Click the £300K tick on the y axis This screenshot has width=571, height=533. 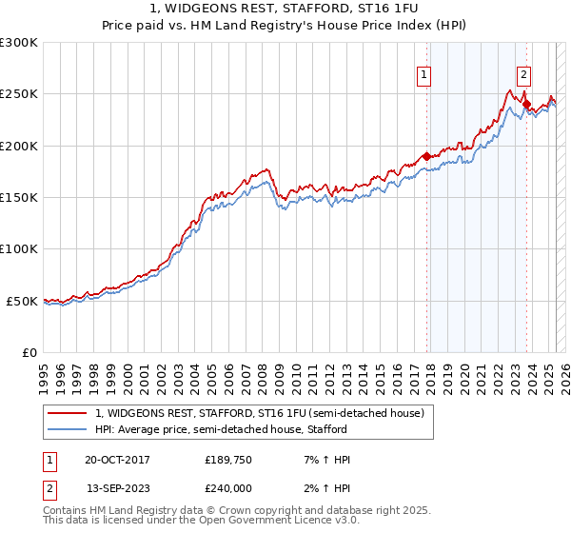coord(19,43)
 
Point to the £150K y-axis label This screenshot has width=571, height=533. coord(19,198)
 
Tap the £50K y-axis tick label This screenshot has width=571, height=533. coord(23,301)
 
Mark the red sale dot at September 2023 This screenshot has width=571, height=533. coord(526,105)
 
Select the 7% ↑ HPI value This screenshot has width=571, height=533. coord(322,461)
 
